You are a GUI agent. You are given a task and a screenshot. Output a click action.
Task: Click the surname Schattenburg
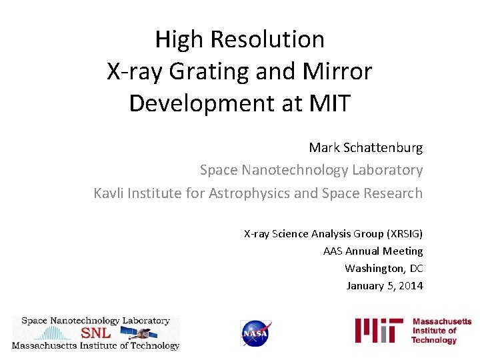[383, 147]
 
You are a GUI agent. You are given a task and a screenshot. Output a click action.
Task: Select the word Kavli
[109, 193]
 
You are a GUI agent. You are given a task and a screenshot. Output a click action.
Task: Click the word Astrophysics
[249, 193]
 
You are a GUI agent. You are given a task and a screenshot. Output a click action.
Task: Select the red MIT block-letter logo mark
[379, 331]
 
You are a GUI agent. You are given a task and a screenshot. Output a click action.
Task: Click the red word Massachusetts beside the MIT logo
[442, 322]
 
